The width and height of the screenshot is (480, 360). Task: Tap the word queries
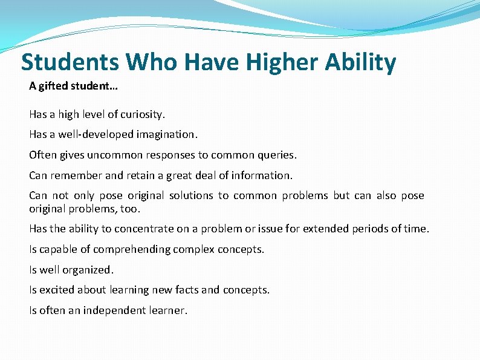pos(277,155)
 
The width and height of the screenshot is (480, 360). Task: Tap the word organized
pos(90,269)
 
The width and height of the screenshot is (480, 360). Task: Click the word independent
pos(112,310)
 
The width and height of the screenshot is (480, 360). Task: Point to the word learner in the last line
pos(169,310)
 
